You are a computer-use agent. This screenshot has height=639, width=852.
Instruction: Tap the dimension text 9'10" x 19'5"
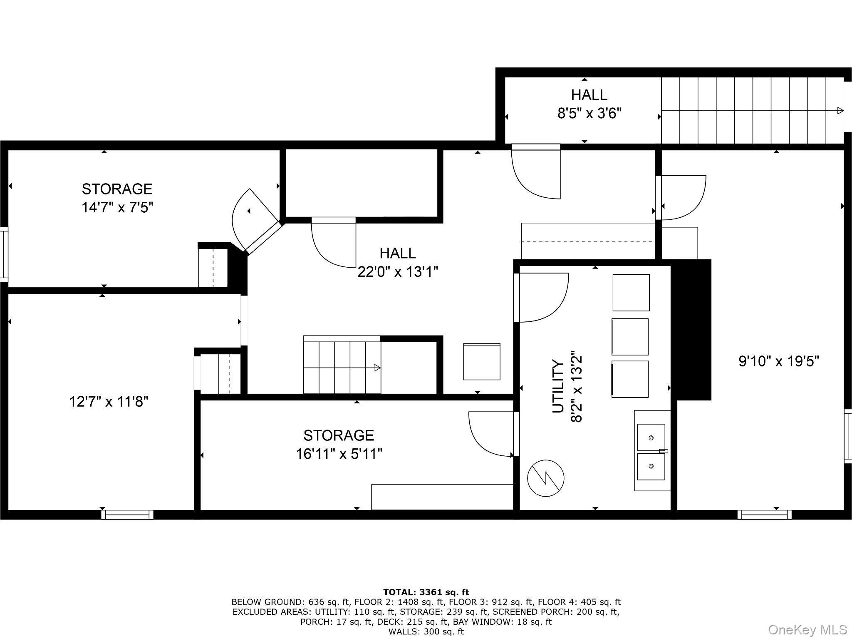(779, 361)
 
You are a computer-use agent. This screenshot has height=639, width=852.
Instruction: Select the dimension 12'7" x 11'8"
(109, 402)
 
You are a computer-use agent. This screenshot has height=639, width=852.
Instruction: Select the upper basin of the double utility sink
(651, 438)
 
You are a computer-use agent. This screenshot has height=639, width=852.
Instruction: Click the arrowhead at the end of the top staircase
(840, 111)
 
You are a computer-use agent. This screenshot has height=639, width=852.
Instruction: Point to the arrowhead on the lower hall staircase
(377, 368)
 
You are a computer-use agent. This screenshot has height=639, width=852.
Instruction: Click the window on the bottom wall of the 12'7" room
(127, 515)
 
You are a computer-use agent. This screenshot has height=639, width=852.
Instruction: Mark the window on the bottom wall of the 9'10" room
(764, 515)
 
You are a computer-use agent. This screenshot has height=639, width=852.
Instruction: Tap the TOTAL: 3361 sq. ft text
(426, 592)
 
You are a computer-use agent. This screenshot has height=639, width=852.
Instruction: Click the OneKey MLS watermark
(807, 629)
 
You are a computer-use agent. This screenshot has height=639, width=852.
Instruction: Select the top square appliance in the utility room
(631, 292)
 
